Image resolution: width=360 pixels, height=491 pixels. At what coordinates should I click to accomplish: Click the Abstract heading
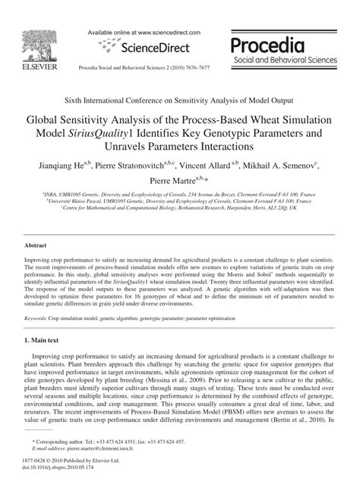(36, 247)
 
